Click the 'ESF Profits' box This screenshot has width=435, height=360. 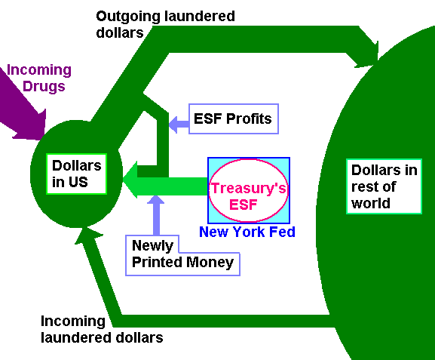(x=234, y=119)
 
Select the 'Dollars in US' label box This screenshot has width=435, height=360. (x=77, y=174)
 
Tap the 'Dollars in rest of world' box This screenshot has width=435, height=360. (x=384, y=186)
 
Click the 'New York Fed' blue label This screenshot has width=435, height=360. (x=247, y=232)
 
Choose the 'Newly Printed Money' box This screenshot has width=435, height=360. (x=182, y=256)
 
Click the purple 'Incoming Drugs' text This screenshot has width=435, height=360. (x=39, y=78)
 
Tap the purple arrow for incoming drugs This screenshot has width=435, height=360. (x=22, y=109)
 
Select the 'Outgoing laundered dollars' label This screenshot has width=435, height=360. (x=165, y=24)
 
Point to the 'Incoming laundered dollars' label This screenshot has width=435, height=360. (x=102, y=330)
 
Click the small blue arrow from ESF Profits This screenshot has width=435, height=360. (x=179, y=125)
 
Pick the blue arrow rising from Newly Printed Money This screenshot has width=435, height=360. (x=156, y=215)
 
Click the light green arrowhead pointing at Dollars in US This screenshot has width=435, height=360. (x=130, y=180)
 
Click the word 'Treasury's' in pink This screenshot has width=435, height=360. (x=249, y=188)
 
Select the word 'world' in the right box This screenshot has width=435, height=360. (x=371, y=203)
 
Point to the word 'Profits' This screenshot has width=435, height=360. (x=249, y=118)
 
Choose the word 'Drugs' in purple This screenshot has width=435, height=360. (x=44, y=86)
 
